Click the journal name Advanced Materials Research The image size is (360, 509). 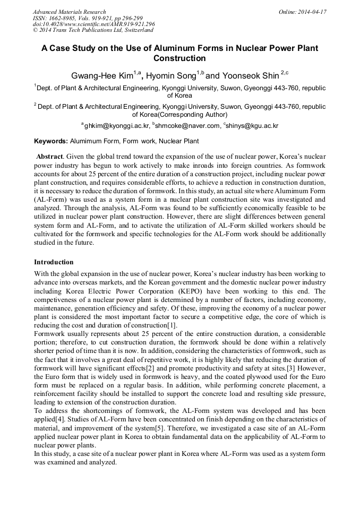point(69,12)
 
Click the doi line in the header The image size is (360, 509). point(94,24)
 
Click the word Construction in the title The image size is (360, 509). point(179,58)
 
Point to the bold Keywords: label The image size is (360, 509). point(51,141)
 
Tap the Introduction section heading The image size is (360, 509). point(54,262)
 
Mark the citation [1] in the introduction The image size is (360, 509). point(172,325)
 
